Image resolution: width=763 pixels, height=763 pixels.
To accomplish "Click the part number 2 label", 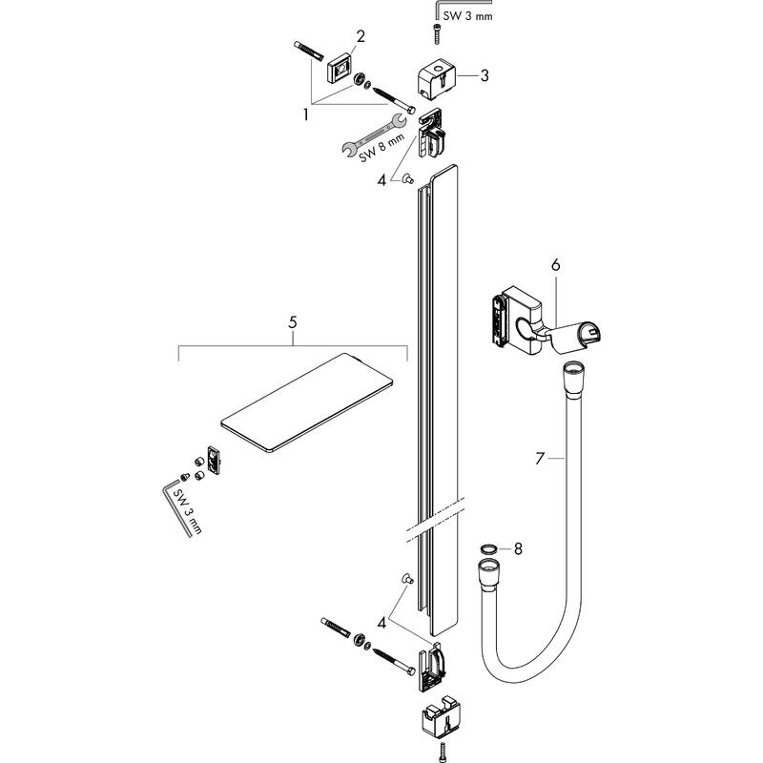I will [361, 37].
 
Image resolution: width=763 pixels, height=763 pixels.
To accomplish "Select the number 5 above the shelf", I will [293, 323].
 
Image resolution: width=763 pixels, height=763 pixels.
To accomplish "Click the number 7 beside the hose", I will [541, 460].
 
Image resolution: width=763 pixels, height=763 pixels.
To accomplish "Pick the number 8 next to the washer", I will [518, 548].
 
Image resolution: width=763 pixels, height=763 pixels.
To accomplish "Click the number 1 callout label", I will [306, 113].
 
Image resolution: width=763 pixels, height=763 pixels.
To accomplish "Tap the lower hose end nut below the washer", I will [485, 574].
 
